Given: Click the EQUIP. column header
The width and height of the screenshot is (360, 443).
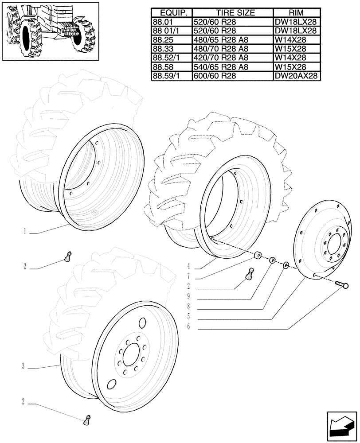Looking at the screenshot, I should click(x=171, y=13).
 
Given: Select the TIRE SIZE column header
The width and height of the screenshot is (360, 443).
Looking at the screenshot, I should click(x=232, y=13).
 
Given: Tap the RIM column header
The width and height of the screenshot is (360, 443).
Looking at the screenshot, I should click(x=296, y=13).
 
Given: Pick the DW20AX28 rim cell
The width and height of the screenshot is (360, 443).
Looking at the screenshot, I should click(x=296, y=76).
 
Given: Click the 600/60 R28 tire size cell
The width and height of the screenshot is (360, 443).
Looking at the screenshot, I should click(x=232, y=76).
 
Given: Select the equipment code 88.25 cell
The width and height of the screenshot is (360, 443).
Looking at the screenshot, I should click(x=171, y=40).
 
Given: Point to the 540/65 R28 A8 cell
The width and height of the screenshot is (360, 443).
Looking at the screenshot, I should click(x=232, y=67).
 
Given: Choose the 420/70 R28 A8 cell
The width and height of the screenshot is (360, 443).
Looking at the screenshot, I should click(x=232, y=58).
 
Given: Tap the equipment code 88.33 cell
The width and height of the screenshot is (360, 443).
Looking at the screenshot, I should click(x=171, y=49).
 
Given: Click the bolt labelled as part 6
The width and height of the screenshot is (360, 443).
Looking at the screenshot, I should click(x=341, y=284).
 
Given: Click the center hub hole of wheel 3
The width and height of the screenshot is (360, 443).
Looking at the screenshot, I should click(x=132, y=354).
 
